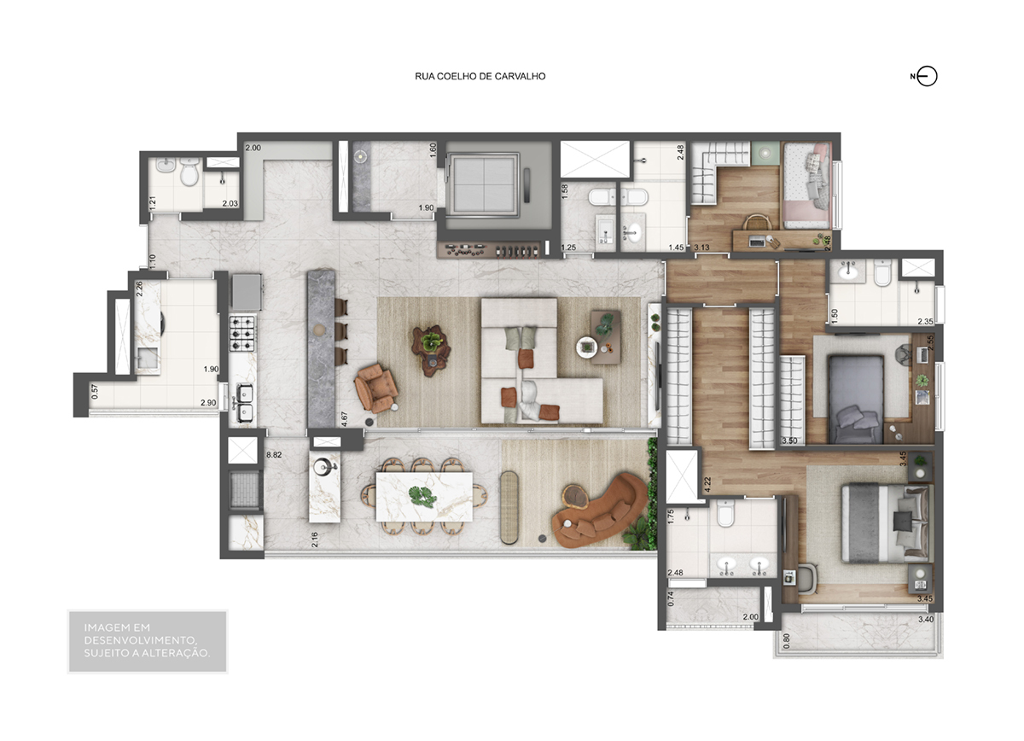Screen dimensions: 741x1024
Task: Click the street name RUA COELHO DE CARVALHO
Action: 480,76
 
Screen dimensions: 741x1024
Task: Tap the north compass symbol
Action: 926,76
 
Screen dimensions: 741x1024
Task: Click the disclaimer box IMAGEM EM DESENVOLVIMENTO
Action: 147,640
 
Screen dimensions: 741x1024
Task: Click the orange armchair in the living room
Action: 376,388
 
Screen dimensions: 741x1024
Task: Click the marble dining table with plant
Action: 423,497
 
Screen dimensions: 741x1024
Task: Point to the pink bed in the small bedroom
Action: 806,186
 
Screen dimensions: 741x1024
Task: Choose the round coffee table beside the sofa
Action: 586,347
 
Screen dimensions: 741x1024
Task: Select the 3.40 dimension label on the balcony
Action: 926,620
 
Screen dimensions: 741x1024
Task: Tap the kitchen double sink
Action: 243,402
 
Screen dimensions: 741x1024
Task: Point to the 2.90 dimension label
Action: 207,402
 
